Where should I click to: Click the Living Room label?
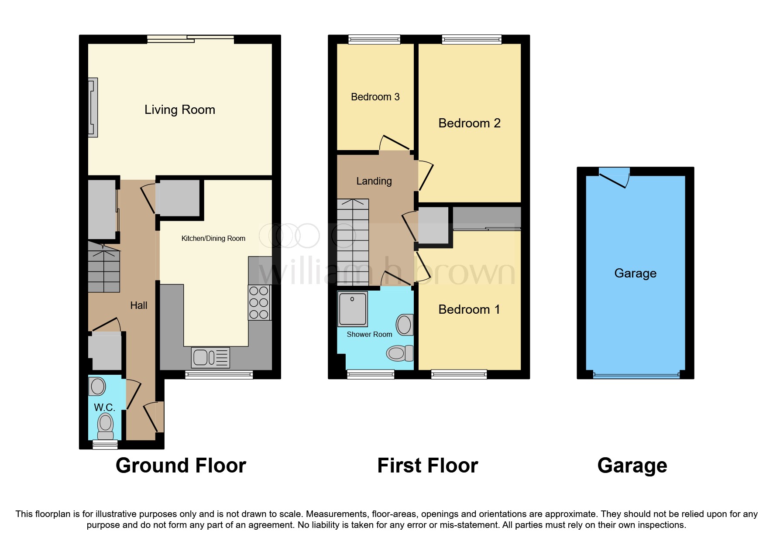[179, 110]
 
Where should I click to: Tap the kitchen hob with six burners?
[259, 302]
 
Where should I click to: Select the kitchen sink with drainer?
[210, 358]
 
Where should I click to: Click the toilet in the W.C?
[105, 426]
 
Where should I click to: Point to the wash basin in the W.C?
[97, 386]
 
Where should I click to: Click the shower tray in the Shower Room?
[353, 309]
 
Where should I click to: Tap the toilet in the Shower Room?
[400, 353]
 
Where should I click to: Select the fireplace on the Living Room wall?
[93, 107]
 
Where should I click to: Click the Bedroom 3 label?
[375, 97]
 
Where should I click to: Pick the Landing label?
[374, 181]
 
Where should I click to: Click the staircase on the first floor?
[353, 242]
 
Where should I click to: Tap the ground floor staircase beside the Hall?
[104, 267]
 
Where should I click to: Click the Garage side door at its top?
[614, 177]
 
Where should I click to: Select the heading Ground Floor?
[181, 466]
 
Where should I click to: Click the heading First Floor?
[427, 466]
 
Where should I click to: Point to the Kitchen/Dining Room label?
[213, 238]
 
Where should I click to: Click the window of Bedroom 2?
[471, 40]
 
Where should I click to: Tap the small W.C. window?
[105, 445]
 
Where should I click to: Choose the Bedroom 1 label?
[469, 309]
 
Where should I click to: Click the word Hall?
[138, 305]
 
